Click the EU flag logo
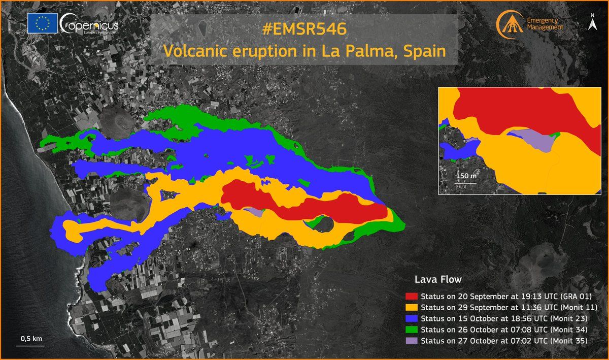42,24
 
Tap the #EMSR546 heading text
304,29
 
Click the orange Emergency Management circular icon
509,24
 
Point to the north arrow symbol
592,24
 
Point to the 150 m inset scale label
465,175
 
